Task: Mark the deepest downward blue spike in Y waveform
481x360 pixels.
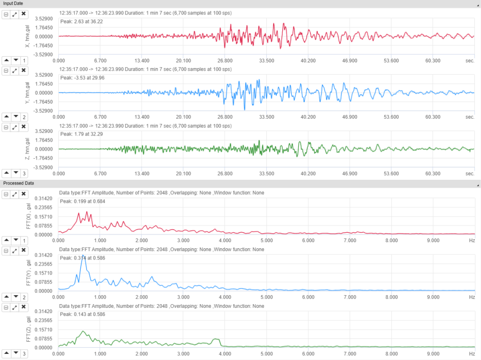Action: [x=245, y=110]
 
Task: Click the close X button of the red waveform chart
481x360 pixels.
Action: [x=23, y=14]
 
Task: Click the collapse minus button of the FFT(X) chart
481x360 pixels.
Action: [x=6, y=194]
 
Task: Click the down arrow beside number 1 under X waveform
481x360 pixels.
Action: [x=16, y=61]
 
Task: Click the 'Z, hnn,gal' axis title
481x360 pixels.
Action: [x=29, y=149]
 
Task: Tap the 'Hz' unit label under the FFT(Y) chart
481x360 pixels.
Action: [x=472, y=297]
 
